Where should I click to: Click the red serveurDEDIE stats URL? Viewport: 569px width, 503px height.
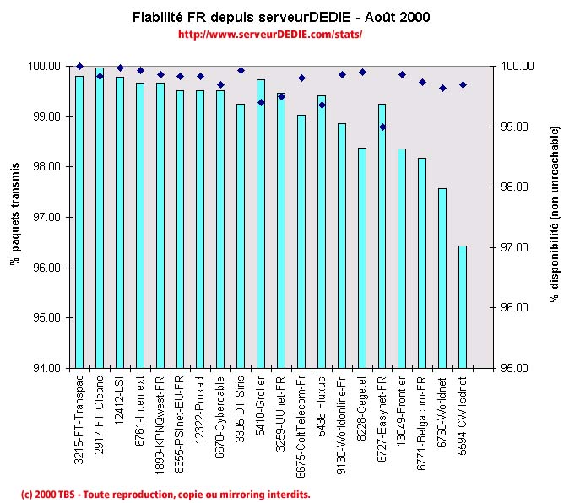click(x=270, y=35)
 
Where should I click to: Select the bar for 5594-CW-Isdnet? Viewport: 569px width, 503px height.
click(x=462, y=307)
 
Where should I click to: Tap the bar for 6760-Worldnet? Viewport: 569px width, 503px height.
click(x=442, y=279)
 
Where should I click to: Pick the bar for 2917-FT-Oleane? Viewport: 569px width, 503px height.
click(x=100, y=218)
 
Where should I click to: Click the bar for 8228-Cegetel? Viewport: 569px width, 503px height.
click(x=361, y=258)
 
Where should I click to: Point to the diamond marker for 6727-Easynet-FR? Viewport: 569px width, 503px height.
click(x=382, y=127)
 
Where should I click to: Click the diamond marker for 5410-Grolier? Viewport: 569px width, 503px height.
click(x=261, y=102)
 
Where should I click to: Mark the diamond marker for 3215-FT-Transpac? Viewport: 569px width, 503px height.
click(x=79, y=66)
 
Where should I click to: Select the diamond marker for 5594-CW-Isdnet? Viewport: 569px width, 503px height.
click(x=463, y=84)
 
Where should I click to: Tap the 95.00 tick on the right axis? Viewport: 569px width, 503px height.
click(x=516, y=369)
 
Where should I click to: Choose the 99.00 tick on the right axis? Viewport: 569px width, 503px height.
click(x=516, y=127)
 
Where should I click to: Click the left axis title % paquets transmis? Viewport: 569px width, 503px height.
click(x=15, y=216)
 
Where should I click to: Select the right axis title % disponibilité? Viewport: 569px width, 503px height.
click(x=555, y=216)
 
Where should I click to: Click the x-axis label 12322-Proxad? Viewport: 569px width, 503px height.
click(x=200, y=414)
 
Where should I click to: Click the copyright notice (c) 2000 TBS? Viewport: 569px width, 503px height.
click(x=165, y=494)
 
